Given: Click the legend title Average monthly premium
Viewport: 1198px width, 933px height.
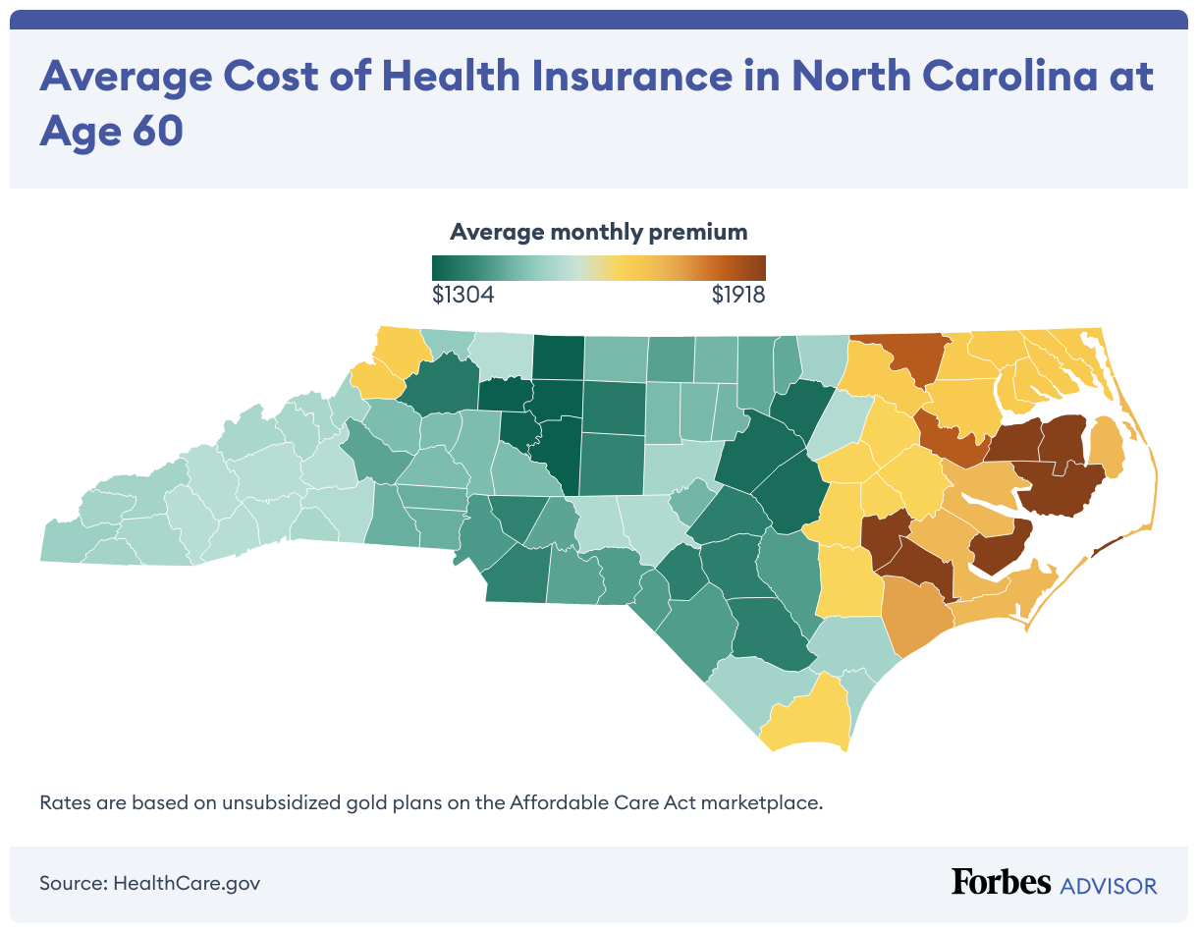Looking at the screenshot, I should pyautogui.click(x=598, y=232).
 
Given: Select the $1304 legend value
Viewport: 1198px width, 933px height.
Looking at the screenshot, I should pyautogui.click(x=463, y=295).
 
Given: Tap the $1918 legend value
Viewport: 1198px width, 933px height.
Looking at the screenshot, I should pyautogui.click(x=737, y=295).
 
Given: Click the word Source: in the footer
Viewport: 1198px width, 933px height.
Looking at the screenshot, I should pyautogui.click(x=73, y=882).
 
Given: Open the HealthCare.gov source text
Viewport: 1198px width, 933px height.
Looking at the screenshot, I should pyautogui.click(x=187, y=882).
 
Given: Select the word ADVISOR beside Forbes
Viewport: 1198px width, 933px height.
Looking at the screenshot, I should pyautogui.click(x=1109, y=885).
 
